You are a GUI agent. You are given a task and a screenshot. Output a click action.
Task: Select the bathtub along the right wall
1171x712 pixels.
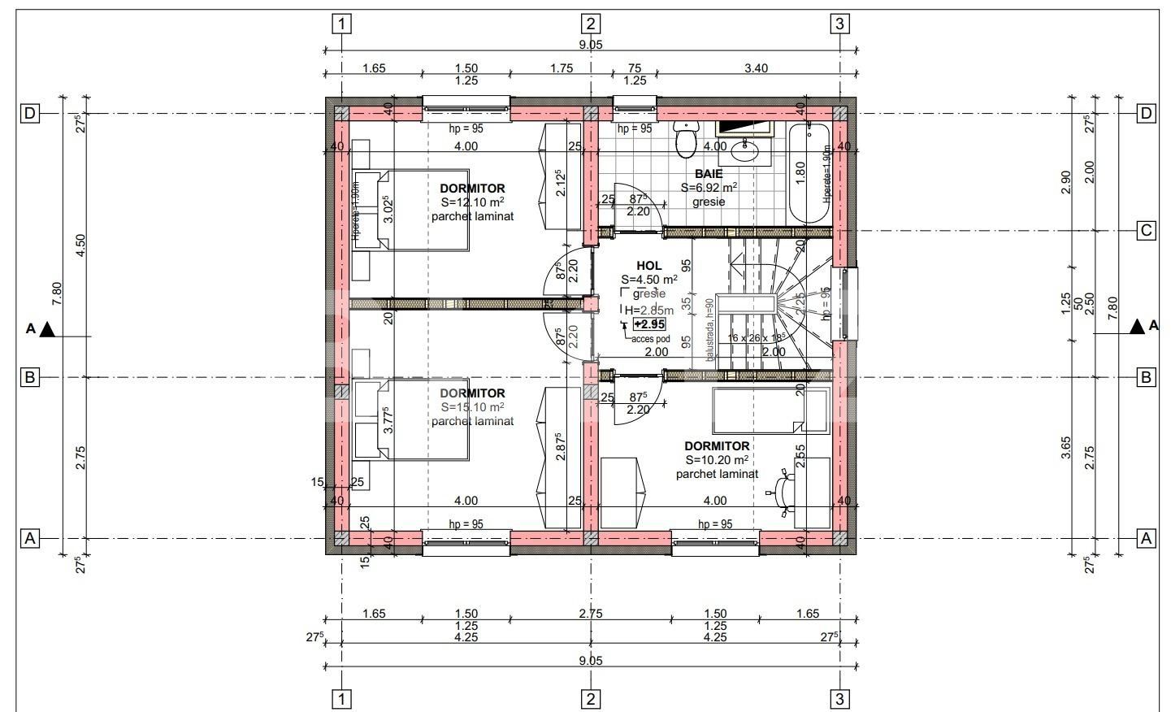point(809,172)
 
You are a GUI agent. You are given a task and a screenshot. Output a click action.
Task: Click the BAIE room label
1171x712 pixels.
point(709,174)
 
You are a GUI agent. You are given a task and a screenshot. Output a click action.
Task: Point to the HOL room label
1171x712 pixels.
point(648,266)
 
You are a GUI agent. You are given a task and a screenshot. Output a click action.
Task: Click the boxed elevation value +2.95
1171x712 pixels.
point(649,324)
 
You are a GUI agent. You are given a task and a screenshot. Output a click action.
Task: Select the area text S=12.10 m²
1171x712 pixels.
point(472,202)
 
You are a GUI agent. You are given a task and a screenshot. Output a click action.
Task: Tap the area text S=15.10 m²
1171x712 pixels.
point(472,407)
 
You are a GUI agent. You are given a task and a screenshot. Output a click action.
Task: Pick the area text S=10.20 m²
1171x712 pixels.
point(717,460)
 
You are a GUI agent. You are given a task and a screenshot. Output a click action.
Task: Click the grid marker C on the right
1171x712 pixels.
point(1146,231)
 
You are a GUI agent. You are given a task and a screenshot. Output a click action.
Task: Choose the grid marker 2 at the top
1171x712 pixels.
point(591,24)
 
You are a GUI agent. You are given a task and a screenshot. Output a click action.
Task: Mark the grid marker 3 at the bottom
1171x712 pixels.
point(839,699)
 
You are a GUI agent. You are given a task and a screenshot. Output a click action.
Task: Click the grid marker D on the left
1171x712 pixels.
point(29,113)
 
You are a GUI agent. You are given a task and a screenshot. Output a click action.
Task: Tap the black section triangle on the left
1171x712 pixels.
point(47,329)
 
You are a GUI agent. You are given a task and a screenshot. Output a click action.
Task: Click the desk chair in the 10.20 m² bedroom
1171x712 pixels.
point(782,489)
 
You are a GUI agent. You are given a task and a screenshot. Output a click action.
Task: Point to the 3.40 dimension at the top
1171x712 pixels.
point(756,68)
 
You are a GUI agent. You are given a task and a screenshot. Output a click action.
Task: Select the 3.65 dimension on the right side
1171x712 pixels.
point(1066,447)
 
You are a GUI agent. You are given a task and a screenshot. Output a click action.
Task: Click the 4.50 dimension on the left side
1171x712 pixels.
point(80,245)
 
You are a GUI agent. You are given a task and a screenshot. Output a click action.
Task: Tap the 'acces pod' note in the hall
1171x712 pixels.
point(650,339)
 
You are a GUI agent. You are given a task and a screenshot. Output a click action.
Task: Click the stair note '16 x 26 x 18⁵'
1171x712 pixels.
point(757,336)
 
